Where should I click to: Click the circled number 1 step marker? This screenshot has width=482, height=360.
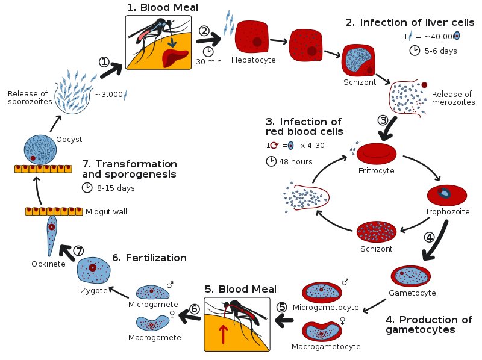pos(104,62)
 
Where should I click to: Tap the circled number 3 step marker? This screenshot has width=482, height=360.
pos(383,120)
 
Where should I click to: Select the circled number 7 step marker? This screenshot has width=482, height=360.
pos(79,250)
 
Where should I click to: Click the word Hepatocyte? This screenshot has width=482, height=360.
pos(253,60)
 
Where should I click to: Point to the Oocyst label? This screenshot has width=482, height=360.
pos(69,140)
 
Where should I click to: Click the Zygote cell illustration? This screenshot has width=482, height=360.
pos(93,270)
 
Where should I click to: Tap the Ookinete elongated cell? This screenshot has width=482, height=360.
pos(52,235)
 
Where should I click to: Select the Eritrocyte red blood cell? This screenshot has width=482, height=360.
pos(376,154)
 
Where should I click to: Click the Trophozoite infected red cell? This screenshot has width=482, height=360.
pos(447,195)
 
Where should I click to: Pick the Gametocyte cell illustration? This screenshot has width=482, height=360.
pos(411,276)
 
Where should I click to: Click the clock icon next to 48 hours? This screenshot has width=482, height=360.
pos(271,161)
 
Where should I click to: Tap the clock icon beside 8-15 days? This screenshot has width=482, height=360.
pos(87,187)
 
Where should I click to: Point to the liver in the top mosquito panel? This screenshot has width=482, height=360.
pos(175,57)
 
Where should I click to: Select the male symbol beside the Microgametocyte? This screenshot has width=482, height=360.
pos(345,282)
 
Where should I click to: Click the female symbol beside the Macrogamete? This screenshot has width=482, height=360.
pos(172,314)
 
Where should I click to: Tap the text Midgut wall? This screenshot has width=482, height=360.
pos(106,211)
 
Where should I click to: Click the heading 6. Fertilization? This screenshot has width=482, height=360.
pos(149,258)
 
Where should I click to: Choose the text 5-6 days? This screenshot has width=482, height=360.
pos(441,51)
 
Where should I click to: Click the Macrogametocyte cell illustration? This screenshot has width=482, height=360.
pos(322,331)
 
